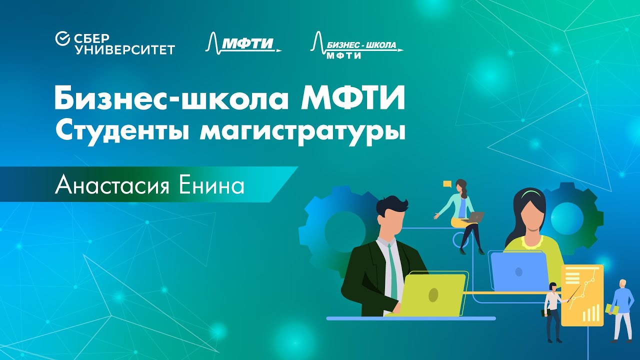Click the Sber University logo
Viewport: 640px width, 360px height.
click(x=115, y=43)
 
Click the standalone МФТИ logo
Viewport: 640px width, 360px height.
click(x=243, y=43)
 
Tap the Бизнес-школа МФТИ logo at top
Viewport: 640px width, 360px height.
click(x=357, y=46)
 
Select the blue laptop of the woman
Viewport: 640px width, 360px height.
click(x=519, y=271)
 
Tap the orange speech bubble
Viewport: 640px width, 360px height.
click(x=447, y=184)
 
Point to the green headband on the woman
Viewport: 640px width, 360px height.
click(x=530, y=193)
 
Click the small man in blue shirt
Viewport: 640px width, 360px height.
click(x=620, y=310)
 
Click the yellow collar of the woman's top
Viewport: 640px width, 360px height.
click(x=531, y=243)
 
